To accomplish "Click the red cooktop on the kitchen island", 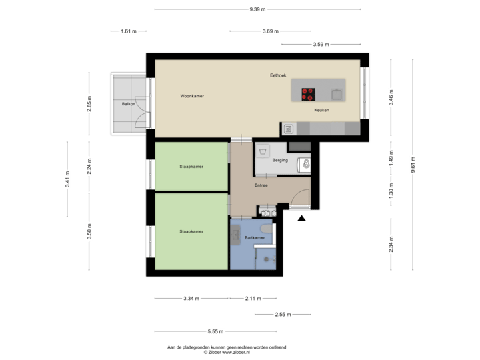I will [308, 93].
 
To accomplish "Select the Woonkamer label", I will [192, 96].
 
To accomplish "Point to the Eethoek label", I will [278, 75].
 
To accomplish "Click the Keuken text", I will [312, 111].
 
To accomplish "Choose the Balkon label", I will [129, 104].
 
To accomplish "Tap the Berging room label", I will [281, 160].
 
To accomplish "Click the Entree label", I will [261, 185].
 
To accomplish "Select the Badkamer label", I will [255, 237].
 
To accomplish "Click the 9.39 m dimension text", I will [257, 9].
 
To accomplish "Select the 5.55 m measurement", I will [215, 331].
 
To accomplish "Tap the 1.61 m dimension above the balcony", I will [128, 31].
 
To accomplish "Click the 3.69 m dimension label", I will [271, 31].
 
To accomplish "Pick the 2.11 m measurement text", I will [253, 298].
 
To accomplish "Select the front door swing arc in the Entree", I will [301, 198].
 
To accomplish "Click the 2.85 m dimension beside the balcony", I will [89, 105].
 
